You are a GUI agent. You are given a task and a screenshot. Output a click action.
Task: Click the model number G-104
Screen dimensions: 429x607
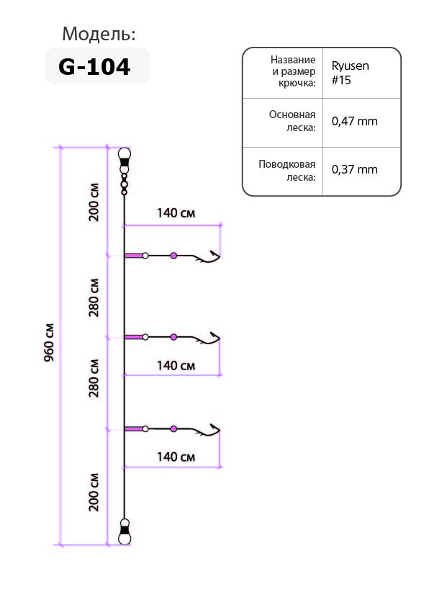94,66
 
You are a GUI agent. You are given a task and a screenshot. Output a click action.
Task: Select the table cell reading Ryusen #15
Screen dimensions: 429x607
350,73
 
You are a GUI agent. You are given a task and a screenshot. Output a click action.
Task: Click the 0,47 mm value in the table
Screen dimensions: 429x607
354,121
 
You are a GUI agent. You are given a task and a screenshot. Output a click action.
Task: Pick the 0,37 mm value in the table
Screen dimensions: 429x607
354,169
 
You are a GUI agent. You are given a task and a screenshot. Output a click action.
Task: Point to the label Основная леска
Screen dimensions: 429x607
292,121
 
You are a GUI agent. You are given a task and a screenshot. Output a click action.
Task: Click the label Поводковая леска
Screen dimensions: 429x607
286,171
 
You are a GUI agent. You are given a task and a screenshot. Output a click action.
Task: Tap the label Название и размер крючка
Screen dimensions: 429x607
293,71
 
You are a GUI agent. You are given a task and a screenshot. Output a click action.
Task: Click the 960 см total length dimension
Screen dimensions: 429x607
49,342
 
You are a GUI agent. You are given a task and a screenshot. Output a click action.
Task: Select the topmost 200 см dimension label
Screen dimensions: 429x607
94,202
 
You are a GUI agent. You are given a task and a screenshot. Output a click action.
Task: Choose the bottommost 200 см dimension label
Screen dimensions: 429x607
94,492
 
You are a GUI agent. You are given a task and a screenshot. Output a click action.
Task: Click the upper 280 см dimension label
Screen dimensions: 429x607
94,297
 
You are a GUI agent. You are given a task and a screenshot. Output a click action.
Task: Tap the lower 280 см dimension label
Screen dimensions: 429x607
94,378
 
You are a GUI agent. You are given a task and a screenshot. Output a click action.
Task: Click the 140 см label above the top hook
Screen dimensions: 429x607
176,213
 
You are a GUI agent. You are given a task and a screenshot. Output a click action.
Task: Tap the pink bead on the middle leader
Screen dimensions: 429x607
173,337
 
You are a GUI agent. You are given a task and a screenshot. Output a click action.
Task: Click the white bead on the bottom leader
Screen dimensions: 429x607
145,429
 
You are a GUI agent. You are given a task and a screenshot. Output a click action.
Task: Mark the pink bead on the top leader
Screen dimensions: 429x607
173,256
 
